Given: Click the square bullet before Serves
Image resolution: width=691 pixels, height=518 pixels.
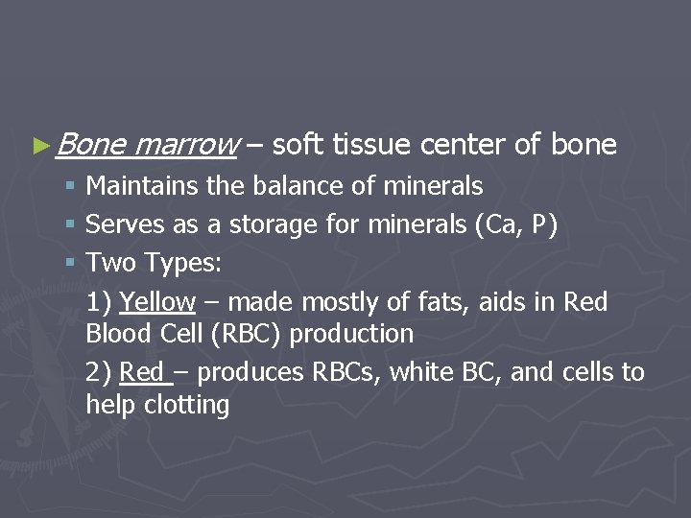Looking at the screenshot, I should [72, 225].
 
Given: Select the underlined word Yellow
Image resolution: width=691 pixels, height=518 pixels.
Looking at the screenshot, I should [157, 302].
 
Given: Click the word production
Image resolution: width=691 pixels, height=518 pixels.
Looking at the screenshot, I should [351, 335].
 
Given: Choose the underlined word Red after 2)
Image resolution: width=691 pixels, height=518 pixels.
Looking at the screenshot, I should [142, 372].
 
